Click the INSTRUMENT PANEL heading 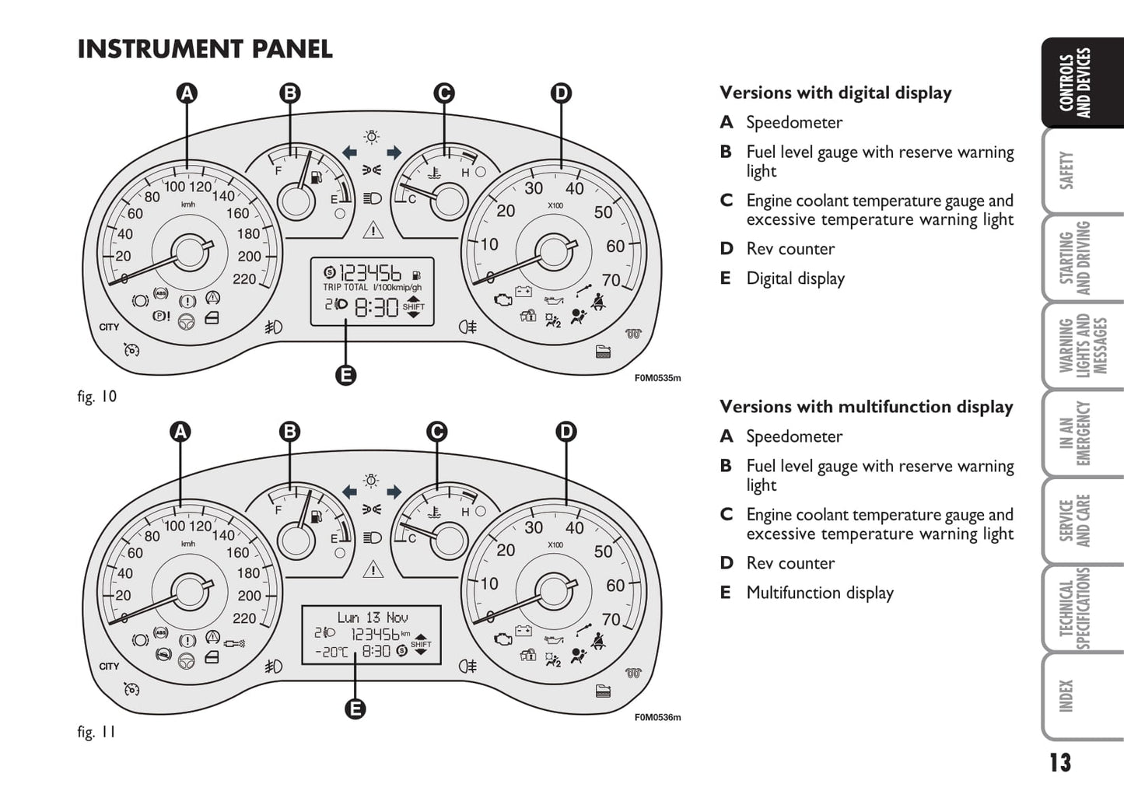pos(205,49)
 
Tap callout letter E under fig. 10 pos(345,376)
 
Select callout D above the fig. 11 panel pos(566,432)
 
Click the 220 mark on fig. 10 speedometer pos(244,279)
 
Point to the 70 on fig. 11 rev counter pos(611,619)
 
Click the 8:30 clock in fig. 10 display pos(376,307)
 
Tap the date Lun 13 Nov pos(373,618)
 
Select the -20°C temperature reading pos(331,652)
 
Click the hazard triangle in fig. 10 pos(373,230)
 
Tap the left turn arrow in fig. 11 pos(349,492)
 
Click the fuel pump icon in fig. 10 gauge pos(317,177)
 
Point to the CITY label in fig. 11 pos(109,667)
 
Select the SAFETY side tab pos(1066,170)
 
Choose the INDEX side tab pos(1066,696)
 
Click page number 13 pos(1059,763)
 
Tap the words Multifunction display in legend pos(820,593)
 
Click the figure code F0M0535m pos(658,378)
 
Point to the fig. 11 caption pos(96,732)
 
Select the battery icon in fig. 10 pos(523,291)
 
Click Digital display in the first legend pos(795,278)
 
